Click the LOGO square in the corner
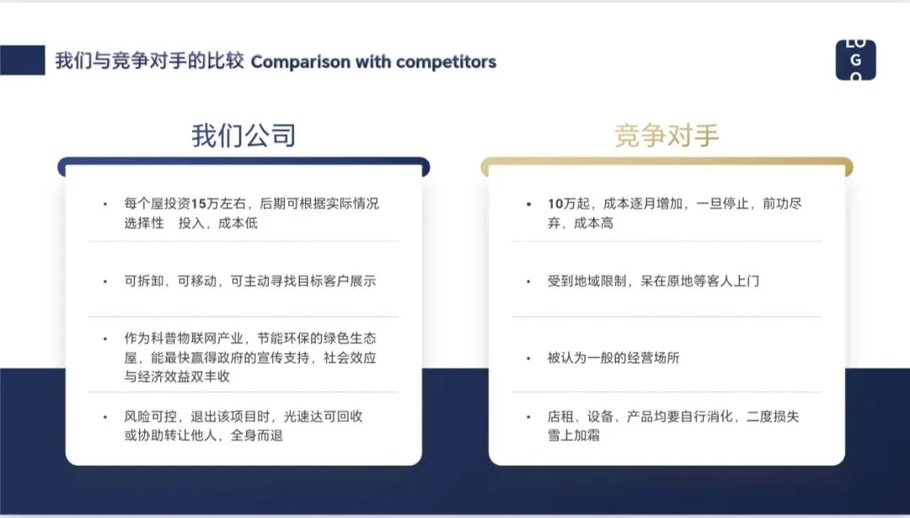click(855, 61)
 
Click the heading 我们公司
click(244, 136)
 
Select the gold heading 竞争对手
click(666, 136)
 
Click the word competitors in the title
click(446, 61)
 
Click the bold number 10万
click(561, 204)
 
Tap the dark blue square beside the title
click(22, 61)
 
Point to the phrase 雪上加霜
click(574, 435)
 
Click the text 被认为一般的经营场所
click(613, 357)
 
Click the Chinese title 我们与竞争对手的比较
click(149, 61)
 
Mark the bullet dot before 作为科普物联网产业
click(105, 339)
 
